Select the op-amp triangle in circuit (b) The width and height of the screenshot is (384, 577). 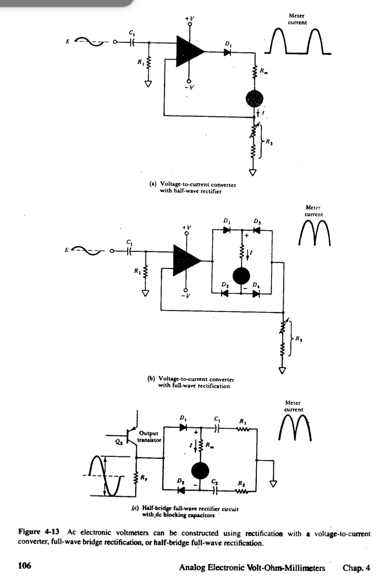point(185,260)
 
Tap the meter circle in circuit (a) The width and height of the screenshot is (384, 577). point(254,98)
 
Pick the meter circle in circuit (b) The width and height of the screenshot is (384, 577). point(241,276)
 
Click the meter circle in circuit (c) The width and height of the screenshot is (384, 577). point(200,471)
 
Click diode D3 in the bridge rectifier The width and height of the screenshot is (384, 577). point(257,230)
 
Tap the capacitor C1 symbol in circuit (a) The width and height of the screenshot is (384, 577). point(132,42)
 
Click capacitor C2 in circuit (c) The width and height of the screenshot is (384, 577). point(214,489)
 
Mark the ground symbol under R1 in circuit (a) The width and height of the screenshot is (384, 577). point(148,84)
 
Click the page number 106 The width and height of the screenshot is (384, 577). point(25,566)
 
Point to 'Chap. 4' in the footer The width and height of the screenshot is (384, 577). point(356,568)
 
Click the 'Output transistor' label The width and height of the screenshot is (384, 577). point(149,436)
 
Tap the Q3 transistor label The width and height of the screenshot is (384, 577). point(118,443)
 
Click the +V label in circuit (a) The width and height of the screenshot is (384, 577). point(190,18)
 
